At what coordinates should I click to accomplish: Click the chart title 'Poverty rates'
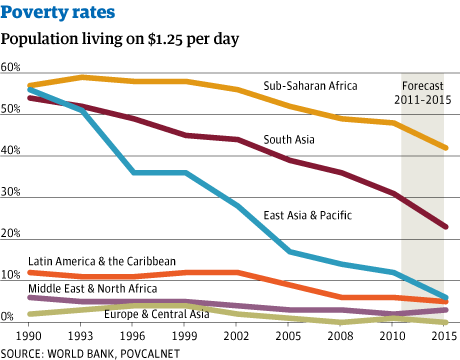coord(57,14)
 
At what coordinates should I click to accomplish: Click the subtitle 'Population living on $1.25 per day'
coord(120,40)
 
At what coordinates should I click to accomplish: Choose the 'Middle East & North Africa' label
coord(93,288)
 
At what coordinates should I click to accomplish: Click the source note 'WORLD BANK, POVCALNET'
coord(105,352)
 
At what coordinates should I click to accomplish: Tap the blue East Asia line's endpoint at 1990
coord(31,89)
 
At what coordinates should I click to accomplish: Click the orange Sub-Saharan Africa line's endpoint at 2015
coord(445,148)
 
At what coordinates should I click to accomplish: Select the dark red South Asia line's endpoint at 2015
coord(445,227)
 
